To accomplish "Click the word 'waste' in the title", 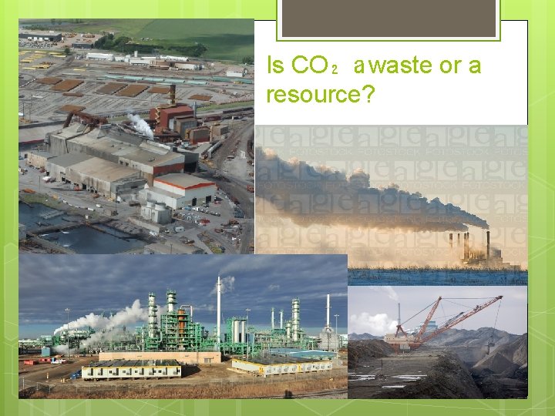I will click(402, 66).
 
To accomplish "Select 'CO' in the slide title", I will click(311, 66).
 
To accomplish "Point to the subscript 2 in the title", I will click(333, 70).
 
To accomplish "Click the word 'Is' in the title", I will click(275, 66).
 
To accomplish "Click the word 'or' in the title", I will click(450, 66).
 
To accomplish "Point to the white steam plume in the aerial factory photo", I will click(140, 124).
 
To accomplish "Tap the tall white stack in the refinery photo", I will click(218, 308).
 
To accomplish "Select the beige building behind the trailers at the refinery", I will click(158, 357).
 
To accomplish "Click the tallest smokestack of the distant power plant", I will click(487, 245).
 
